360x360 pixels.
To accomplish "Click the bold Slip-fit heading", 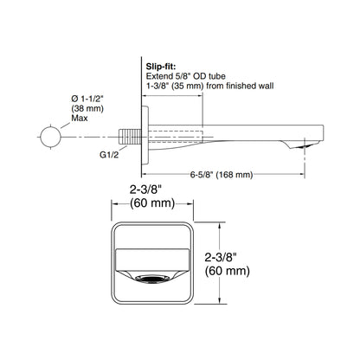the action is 161,67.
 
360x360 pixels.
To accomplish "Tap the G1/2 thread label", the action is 109,155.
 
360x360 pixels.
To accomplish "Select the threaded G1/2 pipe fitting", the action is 130,137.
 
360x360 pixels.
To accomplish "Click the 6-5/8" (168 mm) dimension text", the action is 222,175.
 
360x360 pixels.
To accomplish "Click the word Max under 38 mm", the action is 80,118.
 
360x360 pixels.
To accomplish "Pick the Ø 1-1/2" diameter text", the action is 87,99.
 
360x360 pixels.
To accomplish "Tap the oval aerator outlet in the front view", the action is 152,279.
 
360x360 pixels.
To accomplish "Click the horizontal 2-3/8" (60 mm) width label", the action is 152,196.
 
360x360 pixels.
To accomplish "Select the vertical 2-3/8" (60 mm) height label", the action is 228,264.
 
